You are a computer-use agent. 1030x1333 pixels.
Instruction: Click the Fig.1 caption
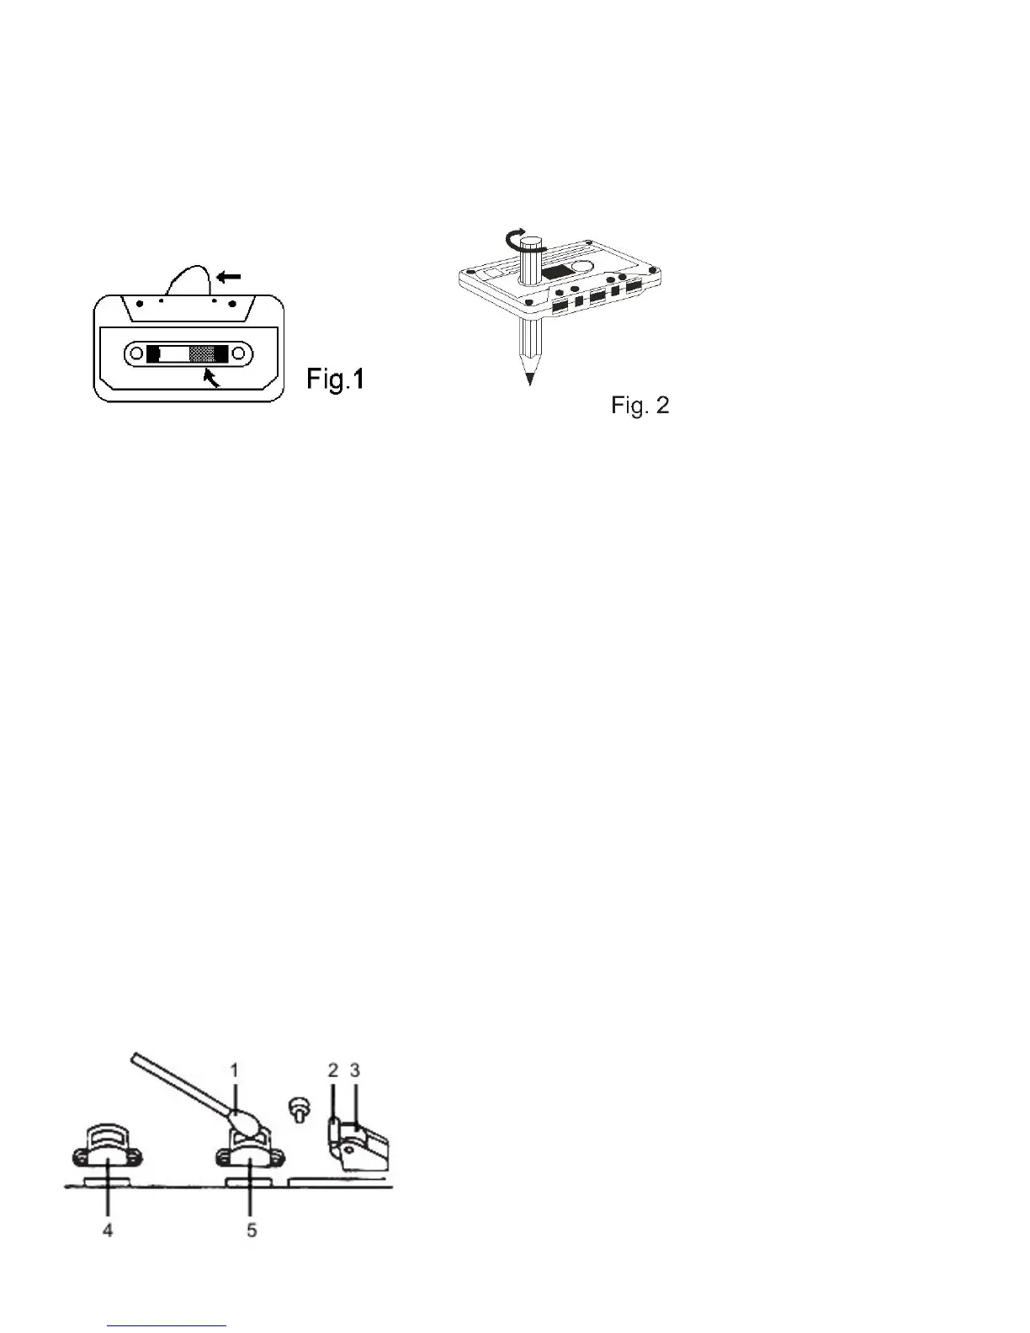click(335, 380)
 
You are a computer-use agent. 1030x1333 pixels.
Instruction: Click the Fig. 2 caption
click(640, 406)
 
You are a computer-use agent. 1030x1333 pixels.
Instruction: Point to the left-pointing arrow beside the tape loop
click(228, 275)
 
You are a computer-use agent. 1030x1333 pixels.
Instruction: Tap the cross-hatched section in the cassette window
click(202, 354)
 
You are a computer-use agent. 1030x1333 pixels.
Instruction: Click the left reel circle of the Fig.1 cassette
click(136, 354)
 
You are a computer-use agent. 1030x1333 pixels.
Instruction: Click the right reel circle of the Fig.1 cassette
click(238, 354)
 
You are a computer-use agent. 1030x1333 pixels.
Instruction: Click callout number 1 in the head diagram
click(235, 1070)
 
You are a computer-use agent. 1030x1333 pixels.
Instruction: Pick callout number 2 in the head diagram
click(333, 1070)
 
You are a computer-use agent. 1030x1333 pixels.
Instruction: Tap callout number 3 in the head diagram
click(355, 1070)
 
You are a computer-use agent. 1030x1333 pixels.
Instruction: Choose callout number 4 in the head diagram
click(108, 1229)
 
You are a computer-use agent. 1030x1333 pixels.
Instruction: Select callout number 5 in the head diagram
click(252, 1229)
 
